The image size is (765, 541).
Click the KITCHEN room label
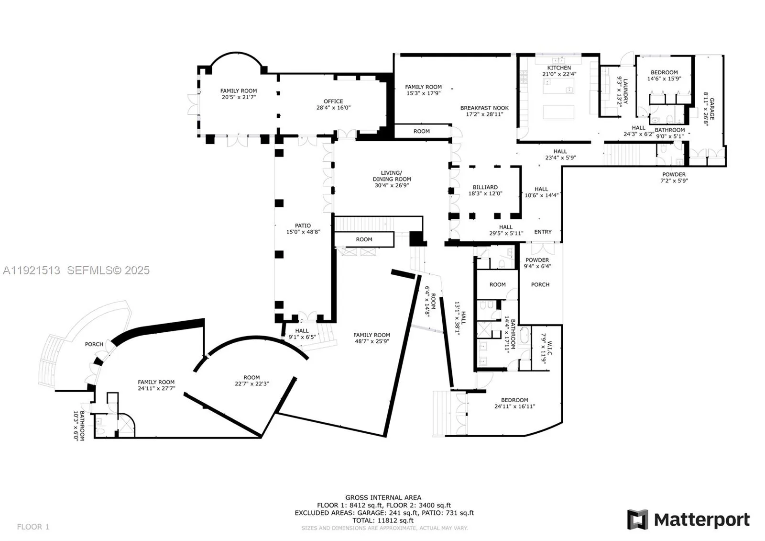pos(559,68)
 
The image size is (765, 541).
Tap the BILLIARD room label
pos(485,187)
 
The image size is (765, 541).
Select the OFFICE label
pos(333,101)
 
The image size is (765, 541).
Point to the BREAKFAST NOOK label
pos(484,108)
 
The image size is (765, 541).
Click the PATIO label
pos(303,225)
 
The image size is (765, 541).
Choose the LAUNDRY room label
pos(625,91)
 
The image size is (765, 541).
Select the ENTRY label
pos(543,232)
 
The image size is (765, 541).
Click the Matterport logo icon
pos(637,519)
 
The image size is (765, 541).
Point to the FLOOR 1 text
pos(33,527)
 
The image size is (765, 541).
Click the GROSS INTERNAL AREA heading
pos(383,497)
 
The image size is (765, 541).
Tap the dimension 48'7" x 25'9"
pos(372,341)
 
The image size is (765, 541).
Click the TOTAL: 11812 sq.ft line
pos(383,520)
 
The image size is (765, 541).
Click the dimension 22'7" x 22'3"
pos(251,383)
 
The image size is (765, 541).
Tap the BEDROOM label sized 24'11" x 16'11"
pos(514,400)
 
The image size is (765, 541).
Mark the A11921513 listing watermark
pos(32,270)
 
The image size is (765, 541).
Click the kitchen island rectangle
pos(558,112)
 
